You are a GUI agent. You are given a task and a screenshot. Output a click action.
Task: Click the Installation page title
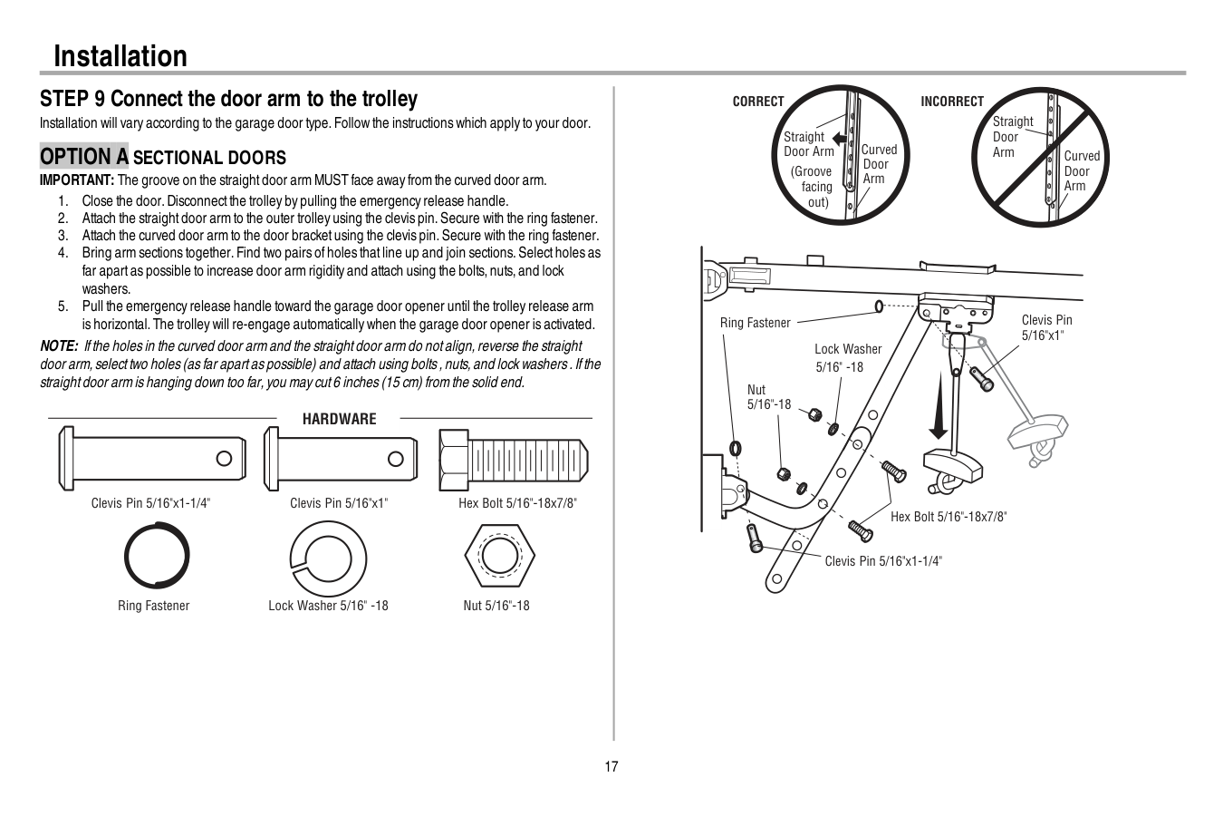120,56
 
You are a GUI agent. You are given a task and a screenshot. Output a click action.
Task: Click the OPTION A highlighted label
84,157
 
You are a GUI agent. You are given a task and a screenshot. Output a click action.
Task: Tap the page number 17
611,767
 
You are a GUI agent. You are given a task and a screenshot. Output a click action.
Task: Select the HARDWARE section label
339,419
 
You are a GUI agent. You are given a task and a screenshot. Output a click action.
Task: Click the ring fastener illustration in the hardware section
156,557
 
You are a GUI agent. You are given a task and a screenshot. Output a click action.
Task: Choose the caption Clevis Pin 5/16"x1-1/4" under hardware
150,503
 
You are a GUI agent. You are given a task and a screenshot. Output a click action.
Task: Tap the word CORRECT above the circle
758,102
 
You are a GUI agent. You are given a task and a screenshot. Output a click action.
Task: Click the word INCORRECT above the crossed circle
951,102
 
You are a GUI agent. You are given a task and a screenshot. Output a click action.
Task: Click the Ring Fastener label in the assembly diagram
755,323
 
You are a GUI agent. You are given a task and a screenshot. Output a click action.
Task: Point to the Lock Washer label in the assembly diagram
847,349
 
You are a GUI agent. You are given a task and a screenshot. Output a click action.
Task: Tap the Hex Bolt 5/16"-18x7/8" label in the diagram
949,517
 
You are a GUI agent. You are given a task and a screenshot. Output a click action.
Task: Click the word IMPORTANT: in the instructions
76,180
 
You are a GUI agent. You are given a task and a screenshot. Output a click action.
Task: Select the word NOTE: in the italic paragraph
59,345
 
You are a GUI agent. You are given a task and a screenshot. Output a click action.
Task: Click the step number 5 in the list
63,306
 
